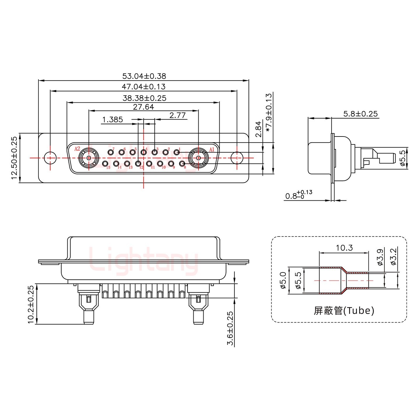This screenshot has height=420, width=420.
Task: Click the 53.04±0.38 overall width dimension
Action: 144,76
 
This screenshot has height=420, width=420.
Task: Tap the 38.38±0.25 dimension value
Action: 144,98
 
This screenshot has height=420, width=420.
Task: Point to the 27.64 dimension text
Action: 143,107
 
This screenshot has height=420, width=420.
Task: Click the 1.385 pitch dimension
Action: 113,120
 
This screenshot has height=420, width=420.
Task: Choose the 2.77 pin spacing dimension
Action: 177,116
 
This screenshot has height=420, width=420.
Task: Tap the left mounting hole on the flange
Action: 50,158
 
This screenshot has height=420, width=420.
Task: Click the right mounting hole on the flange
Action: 237,158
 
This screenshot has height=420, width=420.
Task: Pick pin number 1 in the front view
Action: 176,152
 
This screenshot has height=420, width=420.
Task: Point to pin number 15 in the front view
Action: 105,164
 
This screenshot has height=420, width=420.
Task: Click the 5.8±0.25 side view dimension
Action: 360,114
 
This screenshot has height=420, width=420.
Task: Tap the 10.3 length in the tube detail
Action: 344,248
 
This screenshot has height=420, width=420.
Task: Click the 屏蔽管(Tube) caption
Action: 344,311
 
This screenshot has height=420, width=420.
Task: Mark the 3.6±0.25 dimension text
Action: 230,328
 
